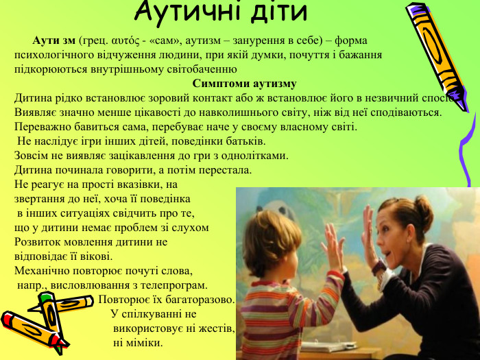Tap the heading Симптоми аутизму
click(x=244, y=84)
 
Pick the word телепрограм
click(x=174, y=285)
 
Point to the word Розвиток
click(x=35, y=242)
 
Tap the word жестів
click(x=217, y=328)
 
